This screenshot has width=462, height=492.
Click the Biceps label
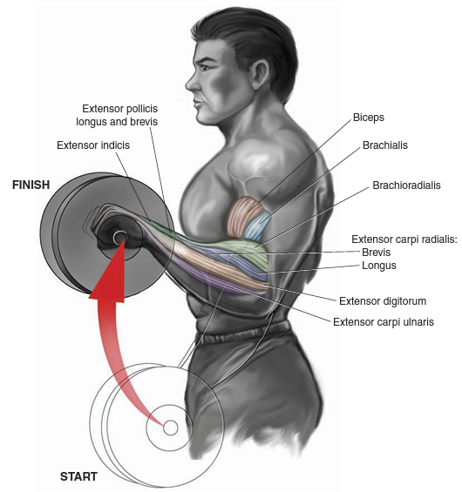pyautogui.click(x=369, y=118)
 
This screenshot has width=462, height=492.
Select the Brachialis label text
pyautogui.click(x=385, y=145)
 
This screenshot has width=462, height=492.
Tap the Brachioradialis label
pyautogui.click(x=406, y=185)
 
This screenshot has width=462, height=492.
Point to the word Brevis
pyautogui.click(x=377, y=252)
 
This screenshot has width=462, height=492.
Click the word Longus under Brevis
pyautogui.click(x=379, y=266)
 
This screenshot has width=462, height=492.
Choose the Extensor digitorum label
pyautogui.click(x=383, y=301)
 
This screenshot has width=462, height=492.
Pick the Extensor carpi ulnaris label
pyautogui.click(x=384, y=322)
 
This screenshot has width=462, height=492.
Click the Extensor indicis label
pyautogui.click(x=93, y=145)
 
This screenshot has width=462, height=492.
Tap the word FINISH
pyautogui.click(x=31, y=185)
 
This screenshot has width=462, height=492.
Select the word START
pyautogui.click(x=78, y=476)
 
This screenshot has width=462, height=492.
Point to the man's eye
pyautogui.click(x=203, y=66)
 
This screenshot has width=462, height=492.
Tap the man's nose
pyautogui.click(x=191, y=83)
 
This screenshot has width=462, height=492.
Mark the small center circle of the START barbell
pyautogui.click(x=171, y=428)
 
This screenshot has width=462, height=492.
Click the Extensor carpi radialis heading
pyautogui.click(x=404, y=239)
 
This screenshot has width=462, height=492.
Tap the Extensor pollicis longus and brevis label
pyautogui.click(x=117, y=115)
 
